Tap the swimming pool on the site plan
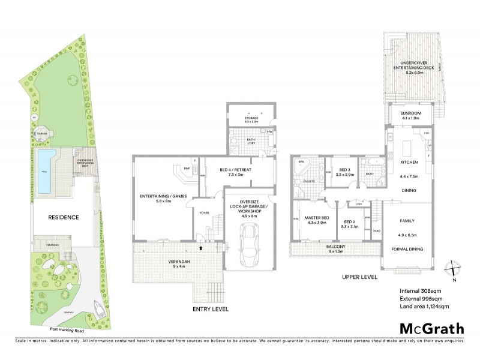(45, 171)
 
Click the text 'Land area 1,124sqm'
(424, 307)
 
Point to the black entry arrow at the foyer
(202, 246)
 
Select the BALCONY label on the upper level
(335, 247)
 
